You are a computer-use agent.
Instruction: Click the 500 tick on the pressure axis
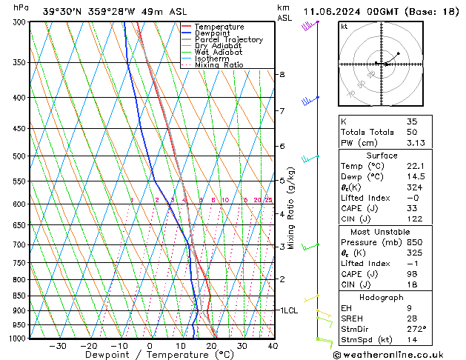[x=20, y=156]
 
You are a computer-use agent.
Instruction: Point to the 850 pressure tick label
[x=20, y=296]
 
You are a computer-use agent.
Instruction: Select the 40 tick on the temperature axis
[x=273, y=345]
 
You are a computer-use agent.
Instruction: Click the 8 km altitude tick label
[x=282, y=75]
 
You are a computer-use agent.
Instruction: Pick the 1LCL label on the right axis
[x=288, y=310]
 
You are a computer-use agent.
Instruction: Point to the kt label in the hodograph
[x=344, y=27]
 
